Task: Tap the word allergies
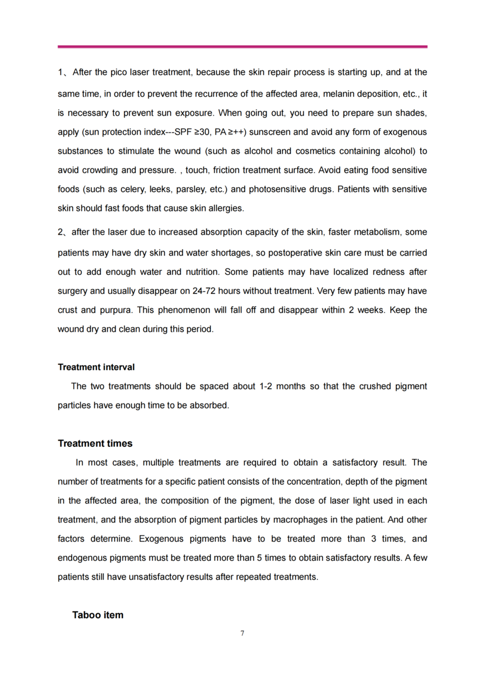pos(226,208)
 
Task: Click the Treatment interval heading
pos(96,367)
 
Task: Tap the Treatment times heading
pos(95,443)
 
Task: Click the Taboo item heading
pos(98,615)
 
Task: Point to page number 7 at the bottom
pos(242,633)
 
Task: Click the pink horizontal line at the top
pos(242,47)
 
